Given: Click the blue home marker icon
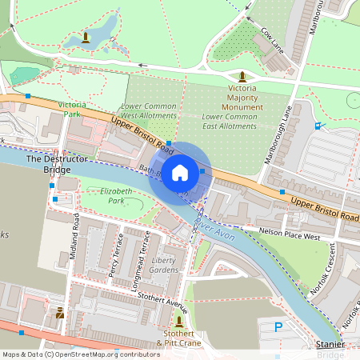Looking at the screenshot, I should (x=180, y=172).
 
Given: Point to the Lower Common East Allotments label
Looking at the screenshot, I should (x=230, y=121).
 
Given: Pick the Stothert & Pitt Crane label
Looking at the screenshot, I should (x=178, y=338).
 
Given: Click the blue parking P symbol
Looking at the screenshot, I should (x=278, y=326).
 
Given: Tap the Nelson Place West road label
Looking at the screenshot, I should (x=290, y=233).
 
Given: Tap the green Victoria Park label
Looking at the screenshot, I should (x=71, y=110).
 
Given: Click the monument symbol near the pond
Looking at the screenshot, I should (x=86, y=38).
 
